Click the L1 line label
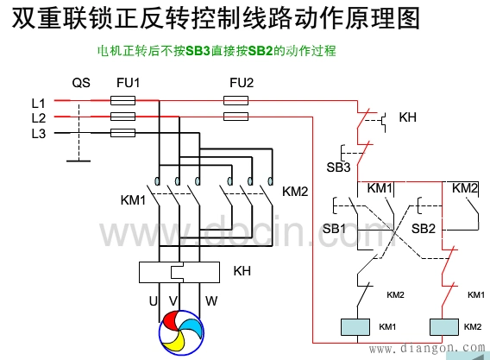[x=38, y=102]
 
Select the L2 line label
[x=38, y=117]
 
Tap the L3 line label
[x=38, y=132]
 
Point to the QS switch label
[x=80, y=83]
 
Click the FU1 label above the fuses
[x=128, y=83]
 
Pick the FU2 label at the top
[x=241, y=83]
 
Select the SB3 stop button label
[x=338, y=166]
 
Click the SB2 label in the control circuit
[x=423, y=228]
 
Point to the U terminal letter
[x=153, y=300]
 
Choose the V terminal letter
[x=173, y=300]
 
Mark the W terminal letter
[x=210, y=300]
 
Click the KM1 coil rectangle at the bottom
[x=356, y=328]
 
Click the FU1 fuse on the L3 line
[x=123, y=133]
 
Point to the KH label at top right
[x=408, y=117]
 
